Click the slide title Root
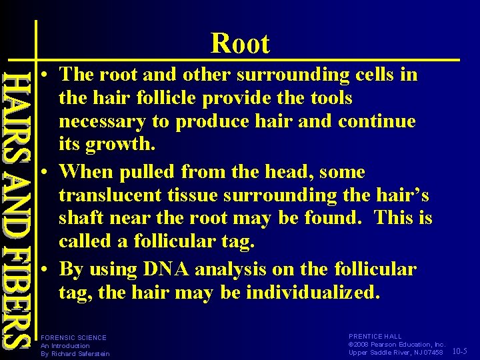tap(240, 44)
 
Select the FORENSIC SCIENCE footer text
tap(73, 338)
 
